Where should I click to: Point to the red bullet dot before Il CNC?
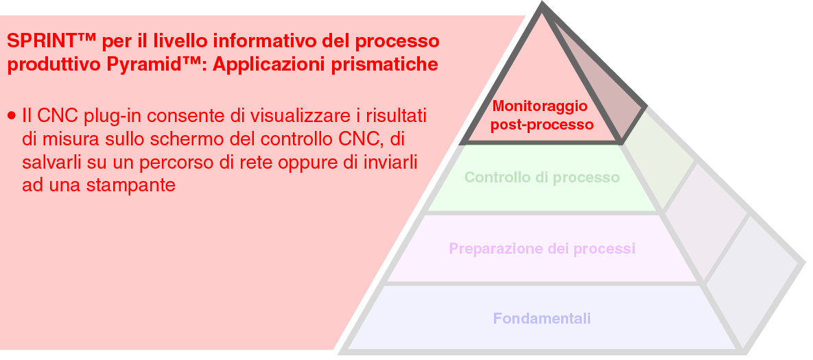tap(12, 115)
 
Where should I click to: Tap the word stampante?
tap(131, 185)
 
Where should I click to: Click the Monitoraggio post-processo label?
tap(540, 115)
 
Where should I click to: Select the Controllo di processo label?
tap(542, 177)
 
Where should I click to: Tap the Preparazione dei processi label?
tap(542, 248)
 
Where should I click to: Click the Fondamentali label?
tap(542, 317)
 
